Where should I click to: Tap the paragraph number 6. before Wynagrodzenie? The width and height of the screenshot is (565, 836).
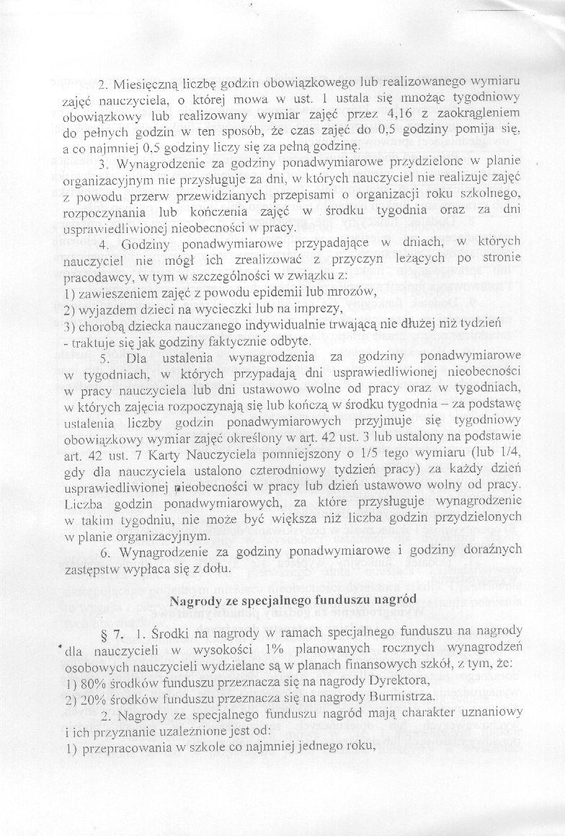[x=106, y=552]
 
